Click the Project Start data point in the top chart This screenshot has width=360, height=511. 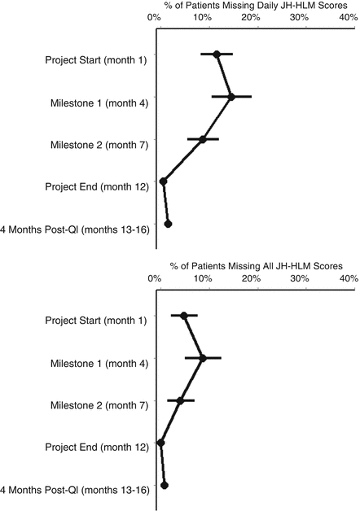pos(217,55)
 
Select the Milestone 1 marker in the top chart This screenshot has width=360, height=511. pos(231,97)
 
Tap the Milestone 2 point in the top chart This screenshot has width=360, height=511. pos(203,139)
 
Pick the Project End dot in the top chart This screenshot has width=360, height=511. pos(164,181)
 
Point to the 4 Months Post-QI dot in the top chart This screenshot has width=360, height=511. pos(169,223)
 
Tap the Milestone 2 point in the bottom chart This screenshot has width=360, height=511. pos(180,400)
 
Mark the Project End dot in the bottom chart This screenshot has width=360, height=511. pos(160,443)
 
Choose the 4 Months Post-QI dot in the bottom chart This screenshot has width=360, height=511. pos(165,485)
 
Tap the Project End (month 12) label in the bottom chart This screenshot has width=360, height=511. pos(96,448)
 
